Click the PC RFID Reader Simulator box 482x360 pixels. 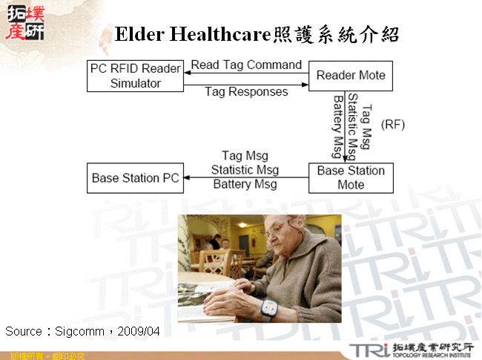(x=135, y=76)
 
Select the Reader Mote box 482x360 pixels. (x=351, y=76)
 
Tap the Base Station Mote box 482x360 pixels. (x=351, y=177)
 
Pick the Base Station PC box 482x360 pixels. (x=135, y=178)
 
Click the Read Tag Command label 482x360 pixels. (x=246, y=65)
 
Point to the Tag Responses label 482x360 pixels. (x=246, y=92)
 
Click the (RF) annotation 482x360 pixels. (x=392, y=125)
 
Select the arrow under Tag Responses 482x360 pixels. (x=246, y=85)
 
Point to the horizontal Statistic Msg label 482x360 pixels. (x=245, y=170)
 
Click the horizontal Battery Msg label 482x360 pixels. (x=245, y=184)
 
